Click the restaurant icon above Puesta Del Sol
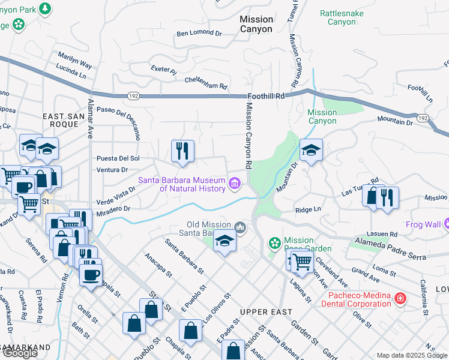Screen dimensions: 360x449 tap(182, 151)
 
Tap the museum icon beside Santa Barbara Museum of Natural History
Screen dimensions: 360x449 tap(234, 182)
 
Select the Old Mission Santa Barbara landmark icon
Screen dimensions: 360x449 tap(240, 227)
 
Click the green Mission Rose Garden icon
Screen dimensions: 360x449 tap(275, 243)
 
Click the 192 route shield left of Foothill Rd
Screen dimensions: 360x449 tap(133, 95)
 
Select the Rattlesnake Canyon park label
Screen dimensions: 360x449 tap(341, 17)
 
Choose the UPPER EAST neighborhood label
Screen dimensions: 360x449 tap(266, 312)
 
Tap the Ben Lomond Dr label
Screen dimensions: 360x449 tap(199, 34)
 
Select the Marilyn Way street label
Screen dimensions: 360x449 tap(75, 60)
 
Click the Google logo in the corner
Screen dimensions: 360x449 tap(20, 353)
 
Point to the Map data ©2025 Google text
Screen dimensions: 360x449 tap(411, 356)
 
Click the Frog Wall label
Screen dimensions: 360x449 tap(423, 225)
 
